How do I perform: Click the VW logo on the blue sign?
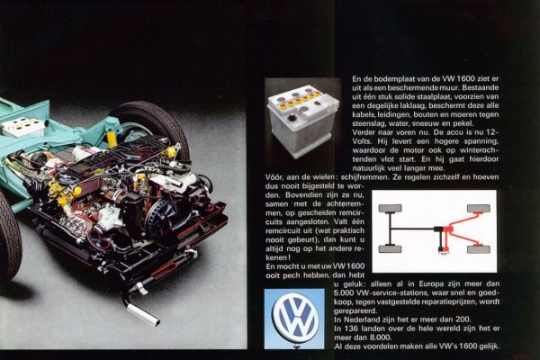click(294, 319)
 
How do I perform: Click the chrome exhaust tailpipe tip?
click(142, 313)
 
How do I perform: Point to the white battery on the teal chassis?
click(22, 127)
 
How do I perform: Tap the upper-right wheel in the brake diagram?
click(479, 209)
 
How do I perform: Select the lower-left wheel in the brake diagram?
click(391, 249)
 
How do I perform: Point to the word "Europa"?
click(431, 284)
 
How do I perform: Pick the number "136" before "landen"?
click(349, 328)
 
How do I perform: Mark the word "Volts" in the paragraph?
click(362, 141)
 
